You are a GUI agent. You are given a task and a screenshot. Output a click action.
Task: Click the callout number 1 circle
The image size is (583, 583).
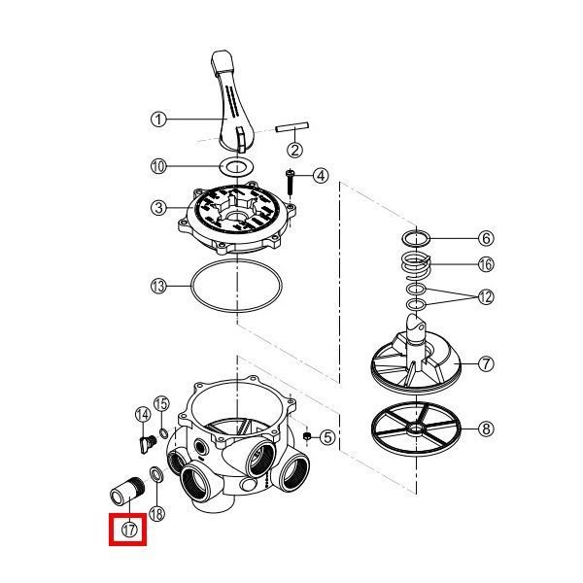(158, 120)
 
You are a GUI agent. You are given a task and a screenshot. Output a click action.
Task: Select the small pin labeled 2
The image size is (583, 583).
(292, 126)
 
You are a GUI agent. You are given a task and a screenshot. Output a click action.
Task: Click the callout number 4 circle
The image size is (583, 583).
(321, 176)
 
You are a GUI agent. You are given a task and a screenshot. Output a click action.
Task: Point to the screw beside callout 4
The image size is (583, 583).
(290, 184)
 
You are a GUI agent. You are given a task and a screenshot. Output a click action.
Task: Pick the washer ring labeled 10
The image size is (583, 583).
(236, 166)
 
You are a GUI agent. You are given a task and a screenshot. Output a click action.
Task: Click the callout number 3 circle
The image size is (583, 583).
(158, 208)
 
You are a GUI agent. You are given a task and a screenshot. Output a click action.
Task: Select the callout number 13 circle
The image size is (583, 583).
(158, 287)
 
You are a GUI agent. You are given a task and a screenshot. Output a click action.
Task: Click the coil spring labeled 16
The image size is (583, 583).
(415, 264)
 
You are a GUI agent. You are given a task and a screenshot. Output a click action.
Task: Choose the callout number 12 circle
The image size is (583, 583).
(486, 297)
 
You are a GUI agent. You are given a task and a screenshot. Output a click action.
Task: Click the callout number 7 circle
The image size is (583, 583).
(486, 363)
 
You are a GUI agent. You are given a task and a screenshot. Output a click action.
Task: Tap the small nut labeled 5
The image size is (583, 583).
(307, 436)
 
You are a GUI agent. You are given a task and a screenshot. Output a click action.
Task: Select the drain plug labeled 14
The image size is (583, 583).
(148, 443)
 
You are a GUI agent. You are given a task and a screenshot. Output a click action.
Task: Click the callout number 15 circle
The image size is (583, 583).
(161, 404)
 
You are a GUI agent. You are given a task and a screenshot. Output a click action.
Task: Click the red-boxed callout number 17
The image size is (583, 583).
(129, 530)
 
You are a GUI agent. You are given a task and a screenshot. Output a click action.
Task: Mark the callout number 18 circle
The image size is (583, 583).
(156, 514)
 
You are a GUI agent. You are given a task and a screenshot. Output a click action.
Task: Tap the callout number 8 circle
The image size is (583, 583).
(486, 429)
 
